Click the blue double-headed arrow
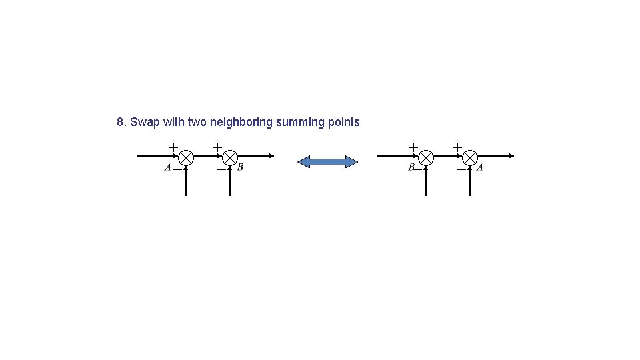[x=327, y=162]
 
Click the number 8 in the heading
[x=120, y=122]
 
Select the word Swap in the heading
[x=142, y=122]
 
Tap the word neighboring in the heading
[x=241, y=122]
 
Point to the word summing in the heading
[x=300, y=122]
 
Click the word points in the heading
[x=344, y=122]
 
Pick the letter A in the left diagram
[x=168, y=167]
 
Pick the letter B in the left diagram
[x=240, y=167]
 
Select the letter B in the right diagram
[x=411, y=167]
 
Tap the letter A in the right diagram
[x=480, y=167]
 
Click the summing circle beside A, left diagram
[x=186, y=157]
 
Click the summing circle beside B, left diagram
[x=230, y=157]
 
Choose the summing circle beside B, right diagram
[x=426, y=157]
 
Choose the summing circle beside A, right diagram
[x=470, y=157]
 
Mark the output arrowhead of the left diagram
[x=271, y=156]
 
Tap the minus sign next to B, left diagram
[x=221, y=169]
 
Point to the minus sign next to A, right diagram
[x=461, y=169]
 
